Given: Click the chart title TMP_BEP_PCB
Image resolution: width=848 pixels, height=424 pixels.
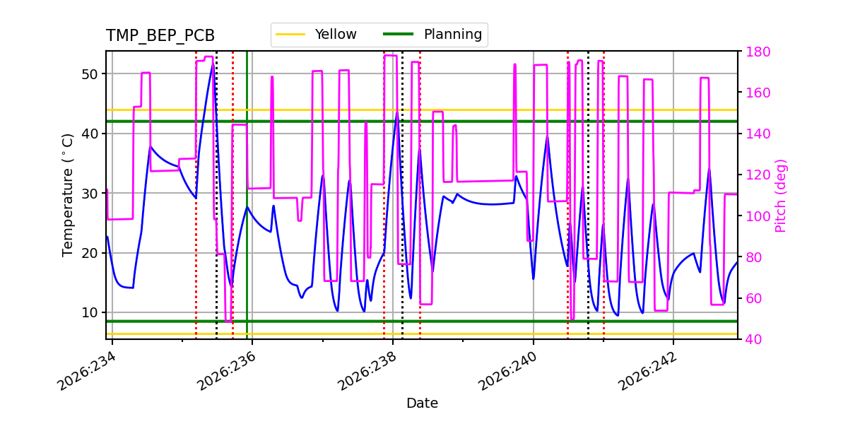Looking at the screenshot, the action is (x=160, y=35).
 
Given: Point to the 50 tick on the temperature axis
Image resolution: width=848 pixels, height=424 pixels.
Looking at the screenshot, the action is (x=89, y=74).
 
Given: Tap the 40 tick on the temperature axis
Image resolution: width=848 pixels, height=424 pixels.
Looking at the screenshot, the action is (x=89, y=134).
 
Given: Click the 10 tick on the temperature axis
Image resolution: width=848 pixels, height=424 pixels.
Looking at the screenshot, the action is (x=89, y=312).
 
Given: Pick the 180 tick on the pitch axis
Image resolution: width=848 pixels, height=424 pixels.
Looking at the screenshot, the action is (x=758, y=52).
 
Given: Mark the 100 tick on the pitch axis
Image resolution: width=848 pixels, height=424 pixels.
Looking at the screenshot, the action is (x=758, y=216).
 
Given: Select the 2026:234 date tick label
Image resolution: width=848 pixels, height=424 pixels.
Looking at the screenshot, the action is (x=87, y=371).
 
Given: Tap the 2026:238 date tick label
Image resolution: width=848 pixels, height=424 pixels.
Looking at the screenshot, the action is (x=367, y=371).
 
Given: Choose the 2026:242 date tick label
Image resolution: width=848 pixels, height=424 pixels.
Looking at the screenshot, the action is (x=648, y=371).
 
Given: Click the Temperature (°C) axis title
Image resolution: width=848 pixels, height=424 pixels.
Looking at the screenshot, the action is (x=67, y=195).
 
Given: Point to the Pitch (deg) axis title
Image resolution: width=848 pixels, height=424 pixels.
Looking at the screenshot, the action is (x=781, y=196).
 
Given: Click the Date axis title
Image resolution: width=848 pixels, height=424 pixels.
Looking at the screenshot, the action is (x=422, y=404).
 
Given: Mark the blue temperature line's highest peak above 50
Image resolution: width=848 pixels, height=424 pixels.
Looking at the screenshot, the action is (x=213, y=64).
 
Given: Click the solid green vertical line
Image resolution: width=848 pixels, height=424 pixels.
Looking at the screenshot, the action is (x=247, y=195).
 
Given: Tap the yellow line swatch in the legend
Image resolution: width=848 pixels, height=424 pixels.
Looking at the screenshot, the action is (x=290, y=35).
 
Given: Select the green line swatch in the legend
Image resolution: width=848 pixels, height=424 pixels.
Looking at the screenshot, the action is (x=399, y=34).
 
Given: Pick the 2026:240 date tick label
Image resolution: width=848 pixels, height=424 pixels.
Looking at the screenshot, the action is (x=508, y=371).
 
